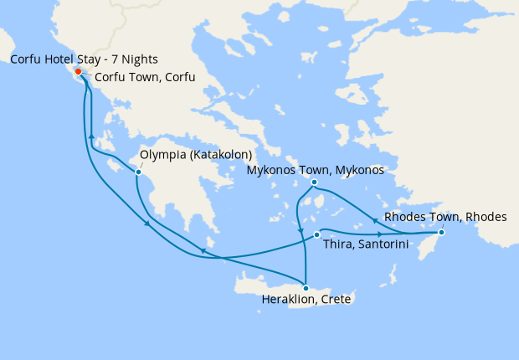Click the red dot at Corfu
coord(77,71)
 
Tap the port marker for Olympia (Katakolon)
coord(138,172)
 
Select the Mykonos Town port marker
coord(314,183)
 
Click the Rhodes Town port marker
coord(441,232)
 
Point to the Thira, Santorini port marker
coord(316,234)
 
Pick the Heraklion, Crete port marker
coord(305,288)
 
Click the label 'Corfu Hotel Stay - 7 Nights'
coord(84,60)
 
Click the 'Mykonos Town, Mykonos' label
coord(315,170)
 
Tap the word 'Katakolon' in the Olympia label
coord(224,155)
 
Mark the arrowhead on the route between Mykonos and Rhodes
coord(373,221)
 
